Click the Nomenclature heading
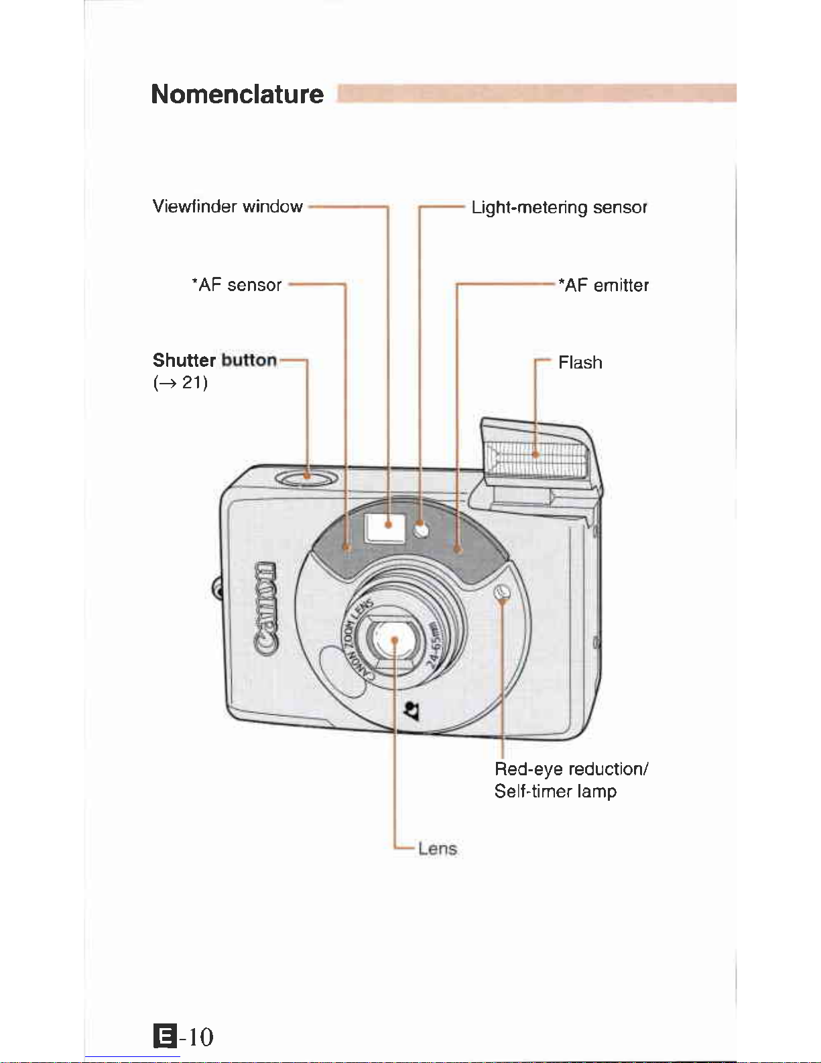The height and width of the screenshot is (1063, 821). (x=237, y=94)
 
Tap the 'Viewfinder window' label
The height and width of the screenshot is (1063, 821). (x=227, y=206)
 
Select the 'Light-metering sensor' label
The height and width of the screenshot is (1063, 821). (x=559, y=207)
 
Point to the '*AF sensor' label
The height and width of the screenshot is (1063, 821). (x=237, y=285)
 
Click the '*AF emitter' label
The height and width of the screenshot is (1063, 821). (x=604, y=286)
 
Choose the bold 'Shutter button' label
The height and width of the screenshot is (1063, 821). (x=214, y=360)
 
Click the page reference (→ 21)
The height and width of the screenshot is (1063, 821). (x=180, y=383)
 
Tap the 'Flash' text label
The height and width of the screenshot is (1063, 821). (x=580, y=363)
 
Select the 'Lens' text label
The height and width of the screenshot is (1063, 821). (x=437, y=848)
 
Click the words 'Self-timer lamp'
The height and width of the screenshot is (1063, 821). (x=555, y=791)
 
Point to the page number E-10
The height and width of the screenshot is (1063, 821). (x=184, y=1036)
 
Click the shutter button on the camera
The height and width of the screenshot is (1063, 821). (x=306, y=478)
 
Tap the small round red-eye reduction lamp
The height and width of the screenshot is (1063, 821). (x=502, y=592)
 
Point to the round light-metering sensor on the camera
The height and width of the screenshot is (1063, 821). (x=421, y=530)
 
